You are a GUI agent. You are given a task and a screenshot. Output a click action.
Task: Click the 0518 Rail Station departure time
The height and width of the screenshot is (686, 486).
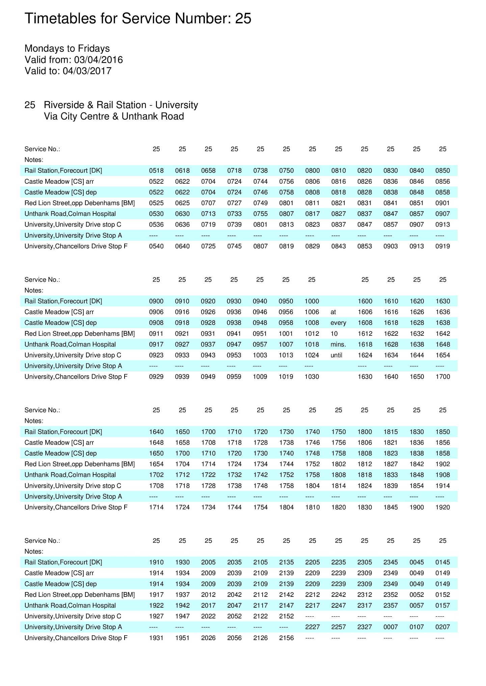(156, 171)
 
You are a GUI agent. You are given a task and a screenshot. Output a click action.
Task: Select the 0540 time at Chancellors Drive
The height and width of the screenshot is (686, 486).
(156, 246)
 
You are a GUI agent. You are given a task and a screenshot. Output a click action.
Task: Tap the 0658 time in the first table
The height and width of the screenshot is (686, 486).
(208, 171)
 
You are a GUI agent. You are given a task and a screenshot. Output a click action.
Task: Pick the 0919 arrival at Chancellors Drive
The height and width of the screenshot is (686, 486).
(442, 246)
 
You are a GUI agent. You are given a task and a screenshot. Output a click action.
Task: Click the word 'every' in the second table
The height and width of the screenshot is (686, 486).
(338, 323)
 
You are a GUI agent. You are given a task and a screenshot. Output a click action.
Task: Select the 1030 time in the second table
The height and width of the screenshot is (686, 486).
(312, 377)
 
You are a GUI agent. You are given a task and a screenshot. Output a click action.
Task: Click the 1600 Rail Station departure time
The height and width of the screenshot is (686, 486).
(365, 301)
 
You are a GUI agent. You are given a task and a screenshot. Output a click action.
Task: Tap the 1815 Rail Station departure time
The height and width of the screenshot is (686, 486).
(390, 432)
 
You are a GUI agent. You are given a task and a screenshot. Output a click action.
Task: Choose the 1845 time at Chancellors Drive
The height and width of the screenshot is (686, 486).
(390, 507)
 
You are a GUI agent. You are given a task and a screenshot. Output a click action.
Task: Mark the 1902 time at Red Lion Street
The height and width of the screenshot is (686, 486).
(442, 464)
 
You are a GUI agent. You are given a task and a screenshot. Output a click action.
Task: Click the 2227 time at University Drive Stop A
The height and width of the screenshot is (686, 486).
(313, 627)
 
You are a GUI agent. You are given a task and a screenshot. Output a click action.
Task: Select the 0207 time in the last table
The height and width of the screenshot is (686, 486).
(442, 627)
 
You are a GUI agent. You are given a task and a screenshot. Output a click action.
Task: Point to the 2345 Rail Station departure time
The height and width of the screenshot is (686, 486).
(390, 562)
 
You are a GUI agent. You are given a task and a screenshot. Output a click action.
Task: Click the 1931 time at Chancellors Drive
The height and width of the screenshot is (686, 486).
(156, 638)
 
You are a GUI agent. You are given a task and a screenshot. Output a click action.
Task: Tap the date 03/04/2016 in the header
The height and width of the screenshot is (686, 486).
(98, 60)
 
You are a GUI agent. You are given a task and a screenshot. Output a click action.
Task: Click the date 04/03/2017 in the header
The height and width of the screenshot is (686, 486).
(87, 71)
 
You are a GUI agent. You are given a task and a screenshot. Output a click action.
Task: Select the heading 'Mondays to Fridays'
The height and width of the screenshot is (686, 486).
(67, 48)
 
